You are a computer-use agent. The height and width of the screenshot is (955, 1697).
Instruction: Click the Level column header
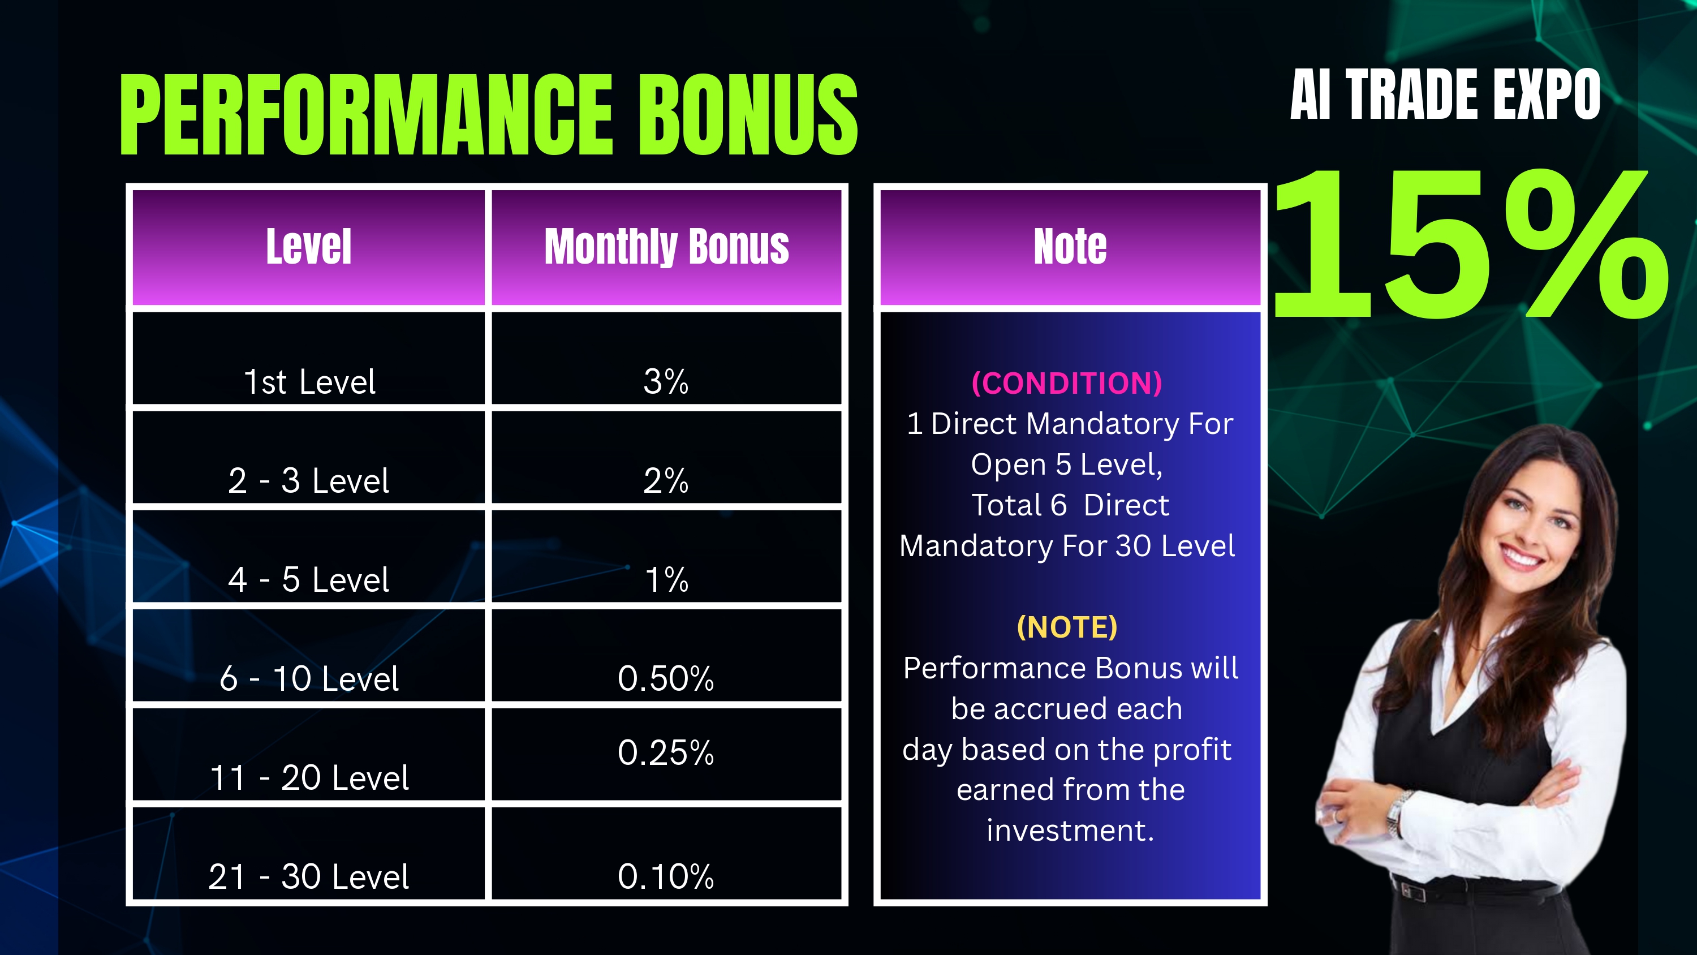point(308,247)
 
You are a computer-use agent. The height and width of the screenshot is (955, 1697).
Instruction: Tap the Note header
point(1070,247)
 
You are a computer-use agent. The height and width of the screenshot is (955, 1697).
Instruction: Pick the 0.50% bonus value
point(666,678)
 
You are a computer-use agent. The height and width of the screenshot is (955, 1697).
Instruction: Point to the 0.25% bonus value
point(666,752)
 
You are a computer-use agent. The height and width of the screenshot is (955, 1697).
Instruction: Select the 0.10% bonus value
point(666,876)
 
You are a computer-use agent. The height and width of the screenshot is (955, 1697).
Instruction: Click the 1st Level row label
point(309,382)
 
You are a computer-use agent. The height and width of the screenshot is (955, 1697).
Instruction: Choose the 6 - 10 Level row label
point(309,678)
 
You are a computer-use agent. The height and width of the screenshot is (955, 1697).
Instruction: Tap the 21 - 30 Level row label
point(309,876)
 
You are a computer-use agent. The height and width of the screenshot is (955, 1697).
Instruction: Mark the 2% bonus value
point(666,480)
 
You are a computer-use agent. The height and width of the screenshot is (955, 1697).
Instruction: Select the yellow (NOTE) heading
point(1067,627)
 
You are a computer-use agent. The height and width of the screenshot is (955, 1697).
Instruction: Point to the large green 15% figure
point(1470,243)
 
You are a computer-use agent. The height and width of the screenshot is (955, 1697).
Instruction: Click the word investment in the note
point(1070,831)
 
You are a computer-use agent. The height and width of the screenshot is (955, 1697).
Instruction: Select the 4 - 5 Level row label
point(309,579)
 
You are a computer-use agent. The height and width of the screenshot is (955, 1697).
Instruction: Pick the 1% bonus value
point(667,579)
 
